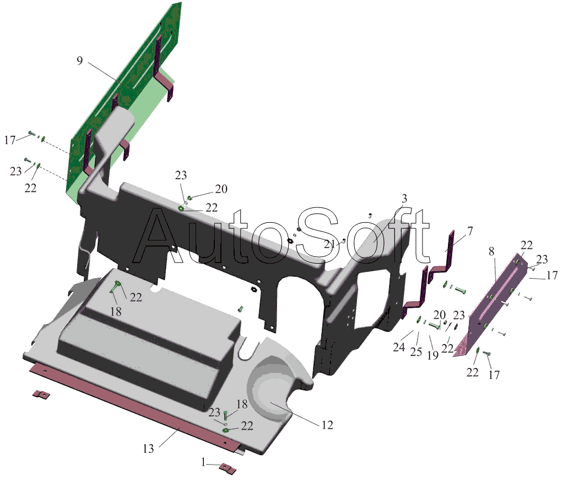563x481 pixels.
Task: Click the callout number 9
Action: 80,60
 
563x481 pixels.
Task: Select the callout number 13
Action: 148,448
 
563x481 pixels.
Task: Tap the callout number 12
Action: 327,425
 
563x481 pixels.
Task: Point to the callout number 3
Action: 404,199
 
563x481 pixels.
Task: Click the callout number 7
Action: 470,231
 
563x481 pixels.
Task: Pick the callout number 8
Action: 491,252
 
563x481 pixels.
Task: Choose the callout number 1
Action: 204,462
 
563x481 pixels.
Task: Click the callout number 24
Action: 399,348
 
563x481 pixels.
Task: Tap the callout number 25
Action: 416,351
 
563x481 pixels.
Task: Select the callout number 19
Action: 433,355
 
